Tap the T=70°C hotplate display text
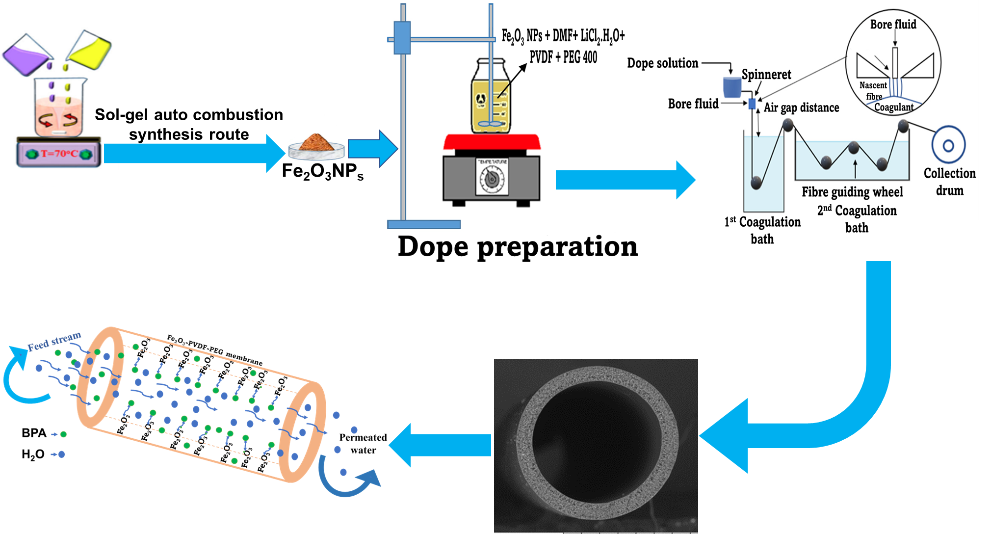click(59, 154)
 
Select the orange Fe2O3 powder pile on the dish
click(316, 142)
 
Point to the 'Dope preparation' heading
click(518, 246)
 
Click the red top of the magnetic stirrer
click(492, 142)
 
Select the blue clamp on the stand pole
click(402, 38)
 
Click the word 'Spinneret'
click(766, 75)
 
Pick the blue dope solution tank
click(732, 87)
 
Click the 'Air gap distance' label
click(801, 107)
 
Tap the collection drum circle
click(948, 145)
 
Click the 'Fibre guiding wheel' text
click(852, 192)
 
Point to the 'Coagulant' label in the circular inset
click(894, 107)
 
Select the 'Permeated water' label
click(363, 444)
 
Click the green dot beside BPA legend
click(63, 434)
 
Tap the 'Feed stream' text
click(54, 342)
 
